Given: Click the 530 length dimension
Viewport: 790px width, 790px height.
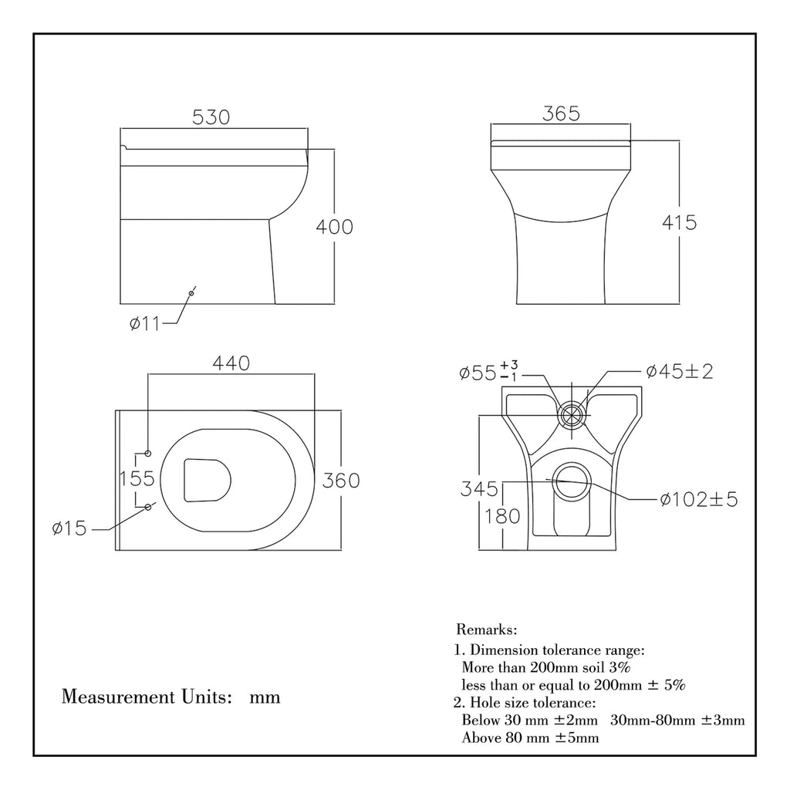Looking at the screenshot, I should coord(211,117).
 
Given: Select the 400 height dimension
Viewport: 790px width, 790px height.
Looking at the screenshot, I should coord(334,227).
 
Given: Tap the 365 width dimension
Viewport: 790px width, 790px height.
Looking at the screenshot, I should coord(561,113).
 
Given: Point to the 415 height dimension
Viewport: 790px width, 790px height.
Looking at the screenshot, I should coord(679,223).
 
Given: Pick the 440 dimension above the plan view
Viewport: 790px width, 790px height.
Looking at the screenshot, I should coord(232,363).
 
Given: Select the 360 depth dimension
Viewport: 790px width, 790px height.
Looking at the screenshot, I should coord(340,480).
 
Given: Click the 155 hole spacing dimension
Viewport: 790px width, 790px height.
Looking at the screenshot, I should coord(137,478).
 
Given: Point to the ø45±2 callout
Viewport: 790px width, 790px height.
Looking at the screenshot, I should coord(680,372).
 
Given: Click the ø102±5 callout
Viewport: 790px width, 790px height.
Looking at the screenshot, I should coord(699,499).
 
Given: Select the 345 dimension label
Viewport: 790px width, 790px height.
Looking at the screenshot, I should coord(479,488).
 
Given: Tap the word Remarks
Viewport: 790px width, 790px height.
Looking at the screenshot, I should coord(487,630).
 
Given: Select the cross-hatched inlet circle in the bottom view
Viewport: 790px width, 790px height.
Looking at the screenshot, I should coord(572,414).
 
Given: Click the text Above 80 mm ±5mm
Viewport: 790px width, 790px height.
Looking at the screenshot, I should coord(529,738).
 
